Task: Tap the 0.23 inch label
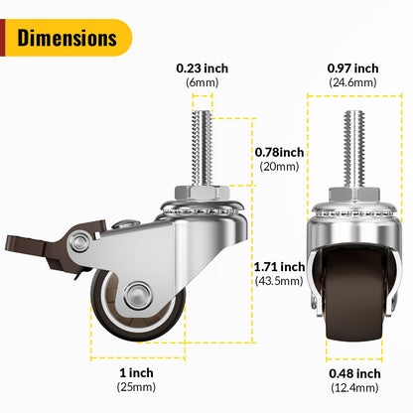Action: point(204,68)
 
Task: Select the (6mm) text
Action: point(204,83)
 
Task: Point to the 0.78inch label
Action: point(279,152)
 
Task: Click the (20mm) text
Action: point(279,168)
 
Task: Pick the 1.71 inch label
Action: point(279,266)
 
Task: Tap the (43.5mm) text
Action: point(279,282)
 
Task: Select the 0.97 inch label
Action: point(352,68)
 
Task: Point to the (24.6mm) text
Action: point(352,83)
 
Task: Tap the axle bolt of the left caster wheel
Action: point(135,294)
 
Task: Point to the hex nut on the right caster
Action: point(352,193)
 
